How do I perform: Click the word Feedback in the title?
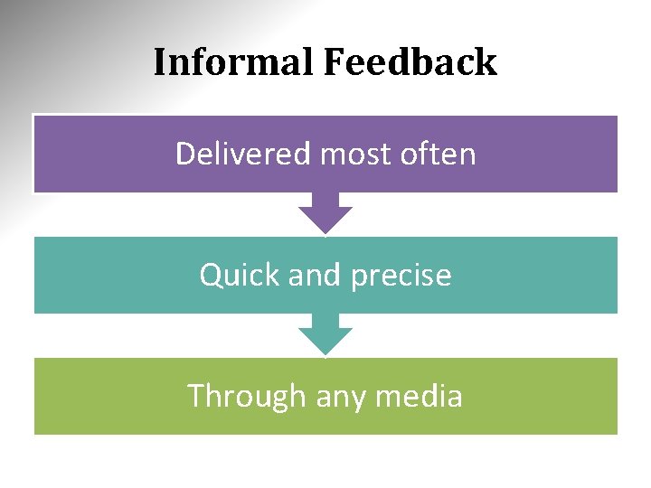409,62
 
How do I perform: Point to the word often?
437,154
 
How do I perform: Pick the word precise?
400,275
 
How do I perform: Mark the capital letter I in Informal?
160,62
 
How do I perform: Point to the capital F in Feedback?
331,62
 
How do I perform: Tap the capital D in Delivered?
184,154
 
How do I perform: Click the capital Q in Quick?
211,275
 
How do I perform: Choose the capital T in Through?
196,396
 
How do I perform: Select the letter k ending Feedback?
487,62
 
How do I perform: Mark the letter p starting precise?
356,277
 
